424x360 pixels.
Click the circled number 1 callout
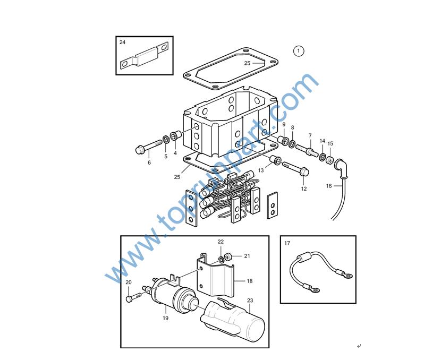(x=299, y=51)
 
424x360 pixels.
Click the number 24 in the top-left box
(x=123, y=42)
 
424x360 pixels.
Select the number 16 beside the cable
(x=329, y=186)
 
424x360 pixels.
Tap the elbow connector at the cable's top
(x=341, y=168)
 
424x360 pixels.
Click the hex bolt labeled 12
(x=296, y=169)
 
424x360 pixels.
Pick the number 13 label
(x=261, y=170)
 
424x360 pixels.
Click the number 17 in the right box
(x=287, y=243)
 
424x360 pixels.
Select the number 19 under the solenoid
(x=165, y=318)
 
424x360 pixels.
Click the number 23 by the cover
(x=250, y=301)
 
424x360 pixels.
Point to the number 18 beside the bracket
(x=250, y=281)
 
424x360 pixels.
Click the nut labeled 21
(x=228, y=256)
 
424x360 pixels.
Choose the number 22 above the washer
(x=221, y=242)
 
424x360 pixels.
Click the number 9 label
(x=284, y=124)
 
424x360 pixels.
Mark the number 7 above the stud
(x=310, y=135)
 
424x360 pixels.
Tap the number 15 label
(x=330, y=143)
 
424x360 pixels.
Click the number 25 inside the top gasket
(x=247, y=63)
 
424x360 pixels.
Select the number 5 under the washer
(x=166, y=156)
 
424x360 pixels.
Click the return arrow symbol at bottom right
(x=359, y=346)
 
